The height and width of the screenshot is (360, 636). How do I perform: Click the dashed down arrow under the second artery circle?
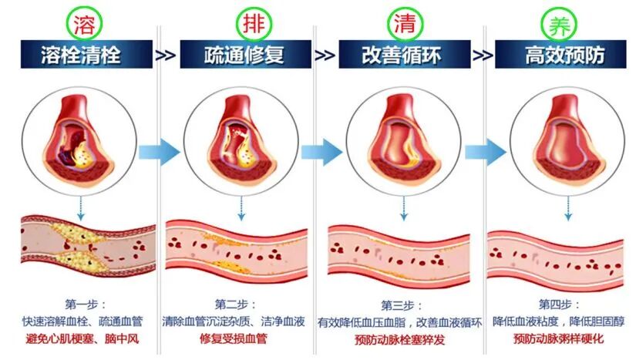click(241, 205)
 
